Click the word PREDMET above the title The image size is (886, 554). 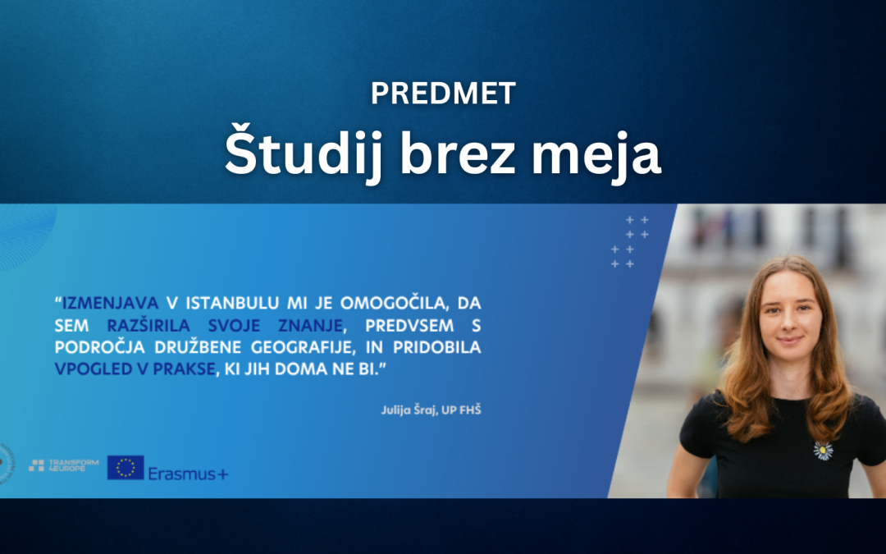[443, 94]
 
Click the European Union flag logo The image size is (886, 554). [126, 467]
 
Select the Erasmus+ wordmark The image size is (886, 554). [188, 472]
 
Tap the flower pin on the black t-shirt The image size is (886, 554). [823, 450]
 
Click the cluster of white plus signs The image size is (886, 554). [631, 241]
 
